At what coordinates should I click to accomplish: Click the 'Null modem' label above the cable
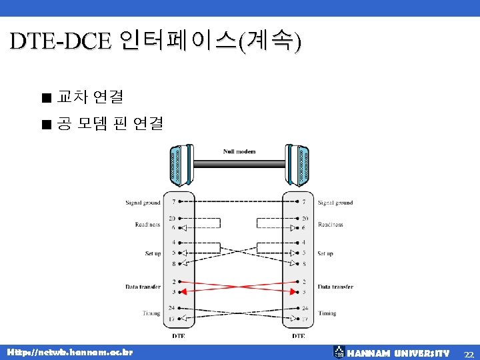pos(239,151)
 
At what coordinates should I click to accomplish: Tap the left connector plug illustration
pos(177,165)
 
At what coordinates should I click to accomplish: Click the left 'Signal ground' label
pos(143,203)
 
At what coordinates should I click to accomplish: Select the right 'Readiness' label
pos(331,225)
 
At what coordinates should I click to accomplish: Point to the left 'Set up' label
pos(153,253)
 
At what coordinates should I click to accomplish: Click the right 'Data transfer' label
pos(335,287)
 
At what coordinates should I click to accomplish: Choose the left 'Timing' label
pos(151,313)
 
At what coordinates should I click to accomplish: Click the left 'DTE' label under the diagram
pos(179,336)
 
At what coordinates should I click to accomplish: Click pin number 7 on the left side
pos(174,201)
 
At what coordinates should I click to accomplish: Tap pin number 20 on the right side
pos(305,219)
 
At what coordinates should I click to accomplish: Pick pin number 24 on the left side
pos(173,308)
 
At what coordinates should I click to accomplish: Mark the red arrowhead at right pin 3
pos(292,291)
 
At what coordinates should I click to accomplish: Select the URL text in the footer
pos(69,352)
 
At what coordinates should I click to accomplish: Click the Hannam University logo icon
pos(339,352)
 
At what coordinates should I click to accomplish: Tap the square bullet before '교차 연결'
pos(45,98)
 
